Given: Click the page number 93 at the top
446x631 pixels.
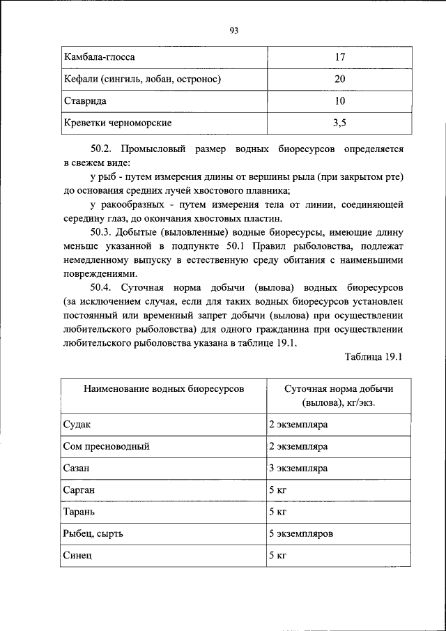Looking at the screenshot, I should (x=233, y=30).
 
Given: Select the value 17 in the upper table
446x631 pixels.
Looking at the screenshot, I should (x=339, y=56).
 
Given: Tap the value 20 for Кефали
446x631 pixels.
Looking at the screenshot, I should (x=339, y=79).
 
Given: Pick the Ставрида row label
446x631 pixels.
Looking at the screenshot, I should (x=81, y=101).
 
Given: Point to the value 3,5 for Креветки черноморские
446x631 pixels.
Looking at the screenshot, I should (x=339, y=123).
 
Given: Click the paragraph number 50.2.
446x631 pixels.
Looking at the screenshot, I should (x=102, y=149).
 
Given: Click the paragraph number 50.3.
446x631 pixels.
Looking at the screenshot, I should (x=102, y=231).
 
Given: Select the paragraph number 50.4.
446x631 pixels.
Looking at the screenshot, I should (x=102, y=287).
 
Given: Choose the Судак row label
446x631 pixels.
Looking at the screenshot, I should (x=77, y=424).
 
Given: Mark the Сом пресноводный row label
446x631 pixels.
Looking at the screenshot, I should (x=107, y=446).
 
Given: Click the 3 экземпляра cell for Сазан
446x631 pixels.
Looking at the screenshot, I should (x=298, y=468).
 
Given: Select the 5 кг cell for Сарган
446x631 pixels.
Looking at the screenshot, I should (x=278, y=490).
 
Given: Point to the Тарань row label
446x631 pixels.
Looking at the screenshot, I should (x=79, y=512).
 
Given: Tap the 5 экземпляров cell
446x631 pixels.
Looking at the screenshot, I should (x=301, y=534).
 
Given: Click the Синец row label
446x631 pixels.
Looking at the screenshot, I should (x=77, y=556).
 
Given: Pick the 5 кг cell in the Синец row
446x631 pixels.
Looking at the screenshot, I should (x=278, y=556).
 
